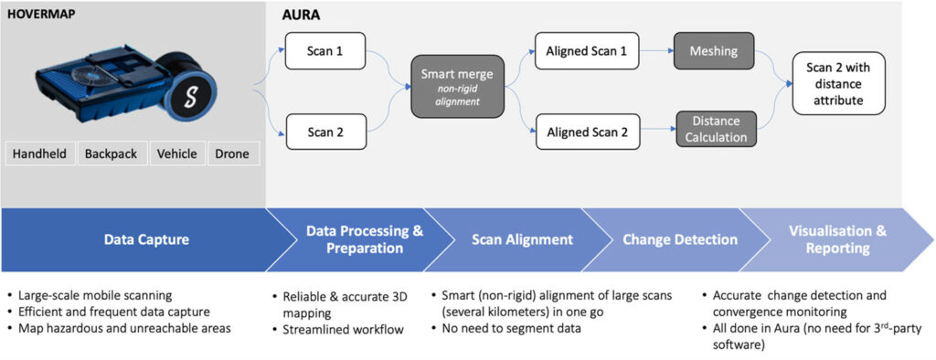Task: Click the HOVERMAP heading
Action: click(x=41, y=14)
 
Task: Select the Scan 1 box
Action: click(x=325, y=51)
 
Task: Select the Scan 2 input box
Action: click(x=325, y=132)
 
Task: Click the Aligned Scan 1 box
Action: click(x=586, y=51)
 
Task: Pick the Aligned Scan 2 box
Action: click(x=586, y=132)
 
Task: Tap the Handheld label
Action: click(x=39, y=154)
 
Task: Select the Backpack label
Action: click(x=111, y=154)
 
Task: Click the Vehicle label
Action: click(x=176, y=154)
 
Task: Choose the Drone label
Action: click(x=231, y=154)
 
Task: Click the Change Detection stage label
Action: click(x=679, y=239)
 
